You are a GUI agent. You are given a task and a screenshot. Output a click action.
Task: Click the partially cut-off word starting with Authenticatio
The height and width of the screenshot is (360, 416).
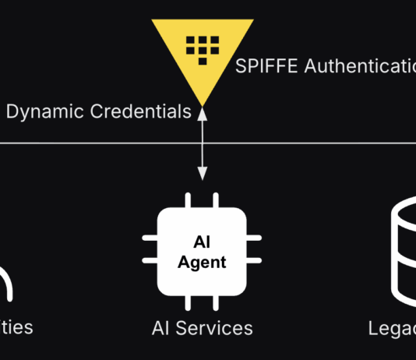click(x=360, y=66)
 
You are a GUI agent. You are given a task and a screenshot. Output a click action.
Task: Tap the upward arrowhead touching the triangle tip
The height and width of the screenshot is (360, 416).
click(x=203, y=113)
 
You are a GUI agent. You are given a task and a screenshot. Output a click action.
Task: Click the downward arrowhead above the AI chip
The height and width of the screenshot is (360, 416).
click(x=203, y=174)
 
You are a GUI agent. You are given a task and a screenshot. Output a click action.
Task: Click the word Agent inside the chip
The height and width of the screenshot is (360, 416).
click(x=202, y=262)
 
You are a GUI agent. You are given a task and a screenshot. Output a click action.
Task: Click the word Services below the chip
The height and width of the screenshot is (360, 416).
click(x=214, y=327)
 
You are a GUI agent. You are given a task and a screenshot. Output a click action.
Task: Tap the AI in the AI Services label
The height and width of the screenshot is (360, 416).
click(x=160, y=327)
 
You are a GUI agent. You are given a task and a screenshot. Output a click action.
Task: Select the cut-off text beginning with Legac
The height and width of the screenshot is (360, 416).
click(x=393, y=328)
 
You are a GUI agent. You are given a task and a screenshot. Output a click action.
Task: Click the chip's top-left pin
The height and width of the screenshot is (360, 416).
click(x=186, y=199)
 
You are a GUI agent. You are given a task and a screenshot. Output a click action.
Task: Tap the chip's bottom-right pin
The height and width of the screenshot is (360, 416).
click(x=217, y=302)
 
